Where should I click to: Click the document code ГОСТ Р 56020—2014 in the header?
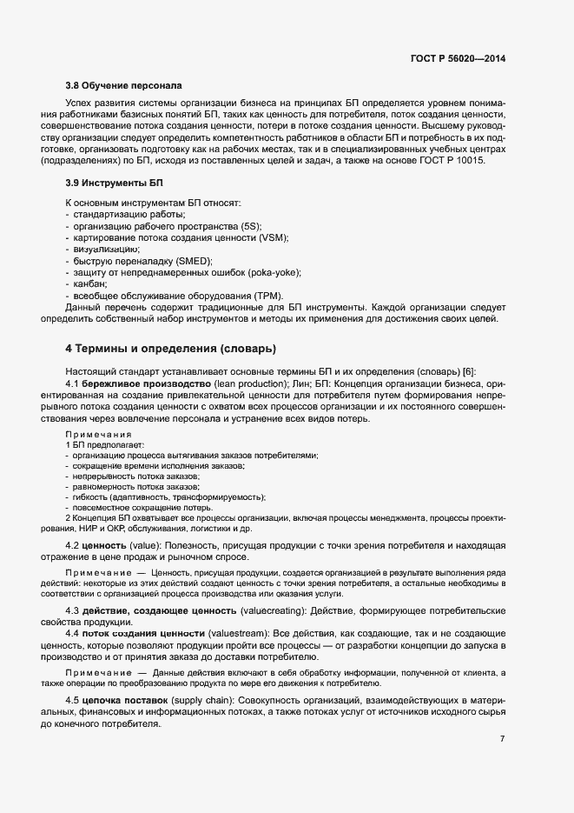(457, 58)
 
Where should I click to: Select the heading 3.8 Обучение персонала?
(123, 86)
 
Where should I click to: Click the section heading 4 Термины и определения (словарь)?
(171, 349)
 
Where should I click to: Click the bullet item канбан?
(90, 284)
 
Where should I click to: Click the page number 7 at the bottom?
(502, 739)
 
